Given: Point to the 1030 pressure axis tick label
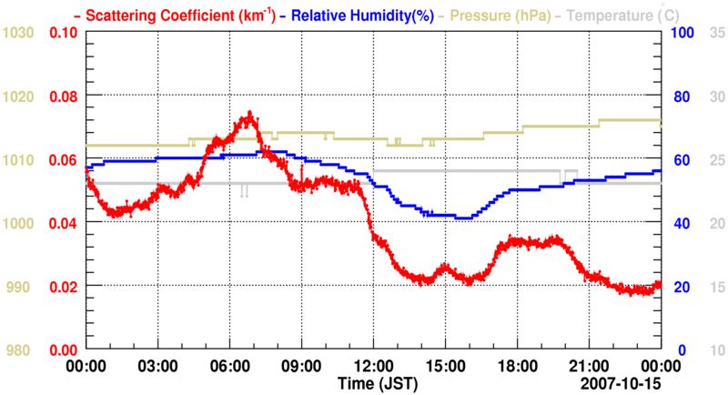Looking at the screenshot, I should point(19,33).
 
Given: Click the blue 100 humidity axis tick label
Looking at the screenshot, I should point(682,33).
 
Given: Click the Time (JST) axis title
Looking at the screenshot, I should point(373,382).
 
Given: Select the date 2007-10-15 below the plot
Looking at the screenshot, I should point(623,382).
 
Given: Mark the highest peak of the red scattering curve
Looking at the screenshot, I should point(248,114).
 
